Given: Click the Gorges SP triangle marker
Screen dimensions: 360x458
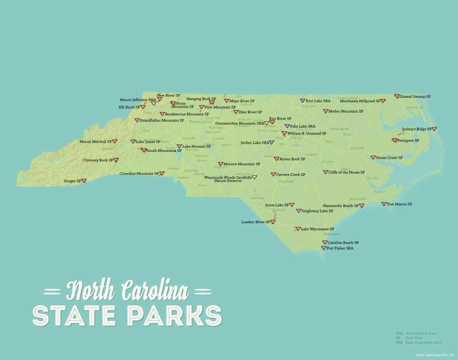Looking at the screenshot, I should point(84,181).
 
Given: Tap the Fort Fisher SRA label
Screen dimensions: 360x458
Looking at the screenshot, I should point(340,248).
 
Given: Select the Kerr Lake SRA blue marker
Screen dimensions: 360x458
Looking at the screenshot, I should point(303,100).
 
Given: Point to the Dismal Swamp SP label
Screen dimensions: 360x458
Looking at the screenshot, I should point(415,96).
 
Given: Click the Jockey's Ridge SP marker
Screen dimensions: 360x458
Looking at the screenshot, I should point(434,129).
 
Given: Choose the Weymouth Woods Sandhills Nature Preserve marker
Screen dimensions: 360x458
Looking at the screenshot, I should point(254,178).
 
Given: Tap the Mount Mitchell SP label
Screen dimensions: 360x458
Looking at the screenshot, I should point(95,141).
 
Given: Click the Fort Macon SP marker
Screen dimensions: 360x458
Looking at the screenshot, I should point(384,204).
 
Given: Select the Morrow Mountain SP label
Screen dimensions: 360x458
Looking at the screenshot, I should point(242,164).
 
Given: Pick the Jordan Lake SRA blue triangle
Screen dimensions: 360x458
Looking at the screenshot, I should point(272,143).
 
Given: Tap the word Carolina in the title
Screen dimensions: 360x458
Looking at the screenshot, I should point(154,290).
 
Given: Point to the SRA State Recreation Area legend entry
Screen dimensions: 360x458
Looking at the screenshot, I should point(418,342).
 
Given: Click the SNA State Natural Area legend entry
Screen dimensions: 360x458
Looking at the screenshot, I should point(416,333).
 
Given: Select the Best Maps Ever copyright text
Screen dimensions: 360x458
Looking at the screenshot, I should point(434,355).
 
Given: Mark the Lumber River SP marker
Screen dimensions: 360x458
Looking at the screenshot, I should point(273,222).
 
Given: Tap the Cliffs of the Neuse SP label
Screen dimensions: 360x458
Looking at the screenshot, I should point(347,172).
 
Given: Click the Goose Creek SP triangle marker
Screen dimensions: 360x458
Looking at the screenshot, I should point(373,158).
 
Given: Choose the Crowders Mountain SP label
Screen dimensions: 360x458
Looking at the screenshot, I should point(139,174).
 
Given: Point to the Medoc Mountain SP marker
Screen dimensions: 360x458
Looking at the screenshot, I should point(326,111).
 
